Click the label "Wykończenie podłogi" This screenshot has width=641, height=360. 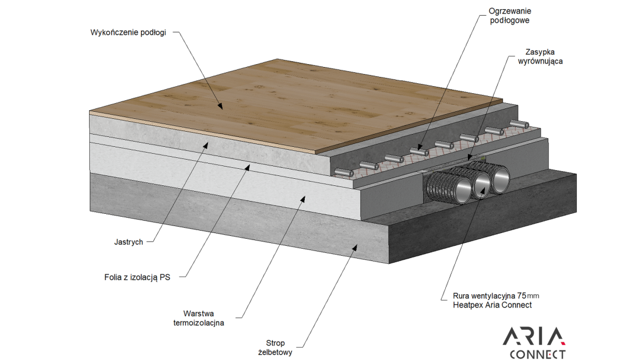tap(128, 33)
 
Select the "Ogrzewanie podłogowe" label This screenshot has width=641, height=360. tap(510, 16)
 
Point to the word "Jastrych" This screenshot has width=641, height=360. tap(129, 242)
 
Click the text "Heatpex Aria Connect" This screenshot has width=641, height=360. tap(492, 305)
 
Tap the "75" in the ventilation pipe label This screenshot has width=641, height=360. tap(522, 295)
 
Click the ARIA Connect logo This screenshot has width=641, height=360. tap(534, 343)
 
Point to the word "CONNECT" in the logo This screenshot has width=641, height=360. tap(537, 354)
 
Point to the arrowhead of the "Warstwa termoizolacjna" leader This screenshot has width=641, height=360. tap(304, 198)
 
